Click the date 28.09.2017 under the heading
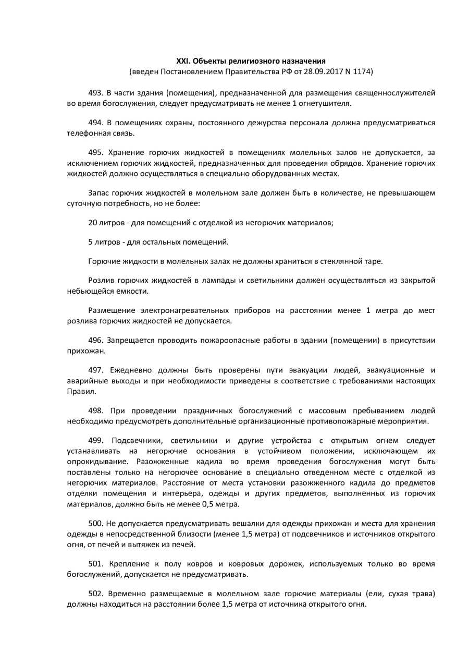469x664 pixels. tap(319, 71)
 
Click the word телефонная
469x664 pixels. tap(87, 133)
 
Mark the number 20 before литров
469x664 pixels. tap(93, 222)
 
